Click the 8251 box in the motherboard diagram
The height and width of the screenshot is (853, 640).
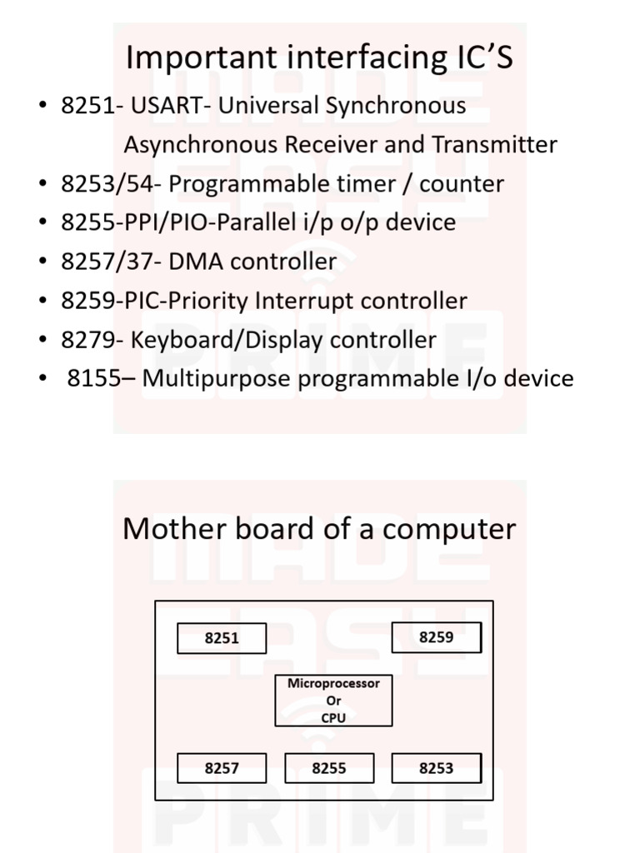coord(222,639)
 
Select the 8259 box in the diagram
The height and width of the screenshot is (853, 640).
coord(436,638)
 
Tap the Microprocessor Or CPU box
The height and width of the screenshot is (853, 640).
coord(333,701)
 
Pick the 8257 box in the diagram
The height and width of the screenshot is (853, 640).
coord(222,768)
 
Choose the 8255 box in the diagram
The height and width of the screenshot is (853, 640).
coord(328,768)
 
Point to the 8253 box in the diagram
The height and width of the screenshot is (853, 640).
coord(436,768)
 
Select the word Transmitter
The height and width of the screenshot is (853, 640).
coord(494,145)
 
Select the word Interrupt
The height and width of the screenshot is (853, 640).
coord(305,301)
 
